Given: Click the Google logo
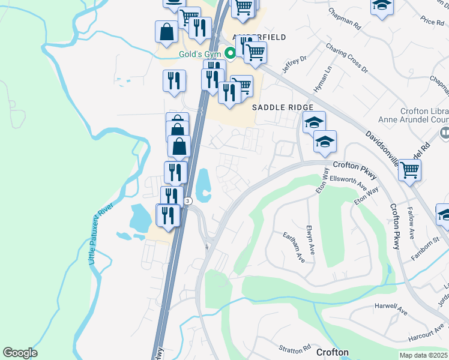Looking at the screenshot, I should click(x=20, y=352).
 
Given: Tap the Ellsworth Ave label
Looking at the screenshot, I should click(x=350, y=181).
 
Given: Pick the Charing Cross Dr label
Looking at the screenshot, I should click(x=346, y=57).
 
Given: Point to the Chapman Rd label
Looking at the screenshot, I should click(x=345, y=19).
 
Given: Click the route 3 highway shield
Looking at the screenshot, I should click(x=188, y=201).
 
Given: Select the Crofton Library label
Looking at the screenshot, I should click(x=424, y=111).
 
